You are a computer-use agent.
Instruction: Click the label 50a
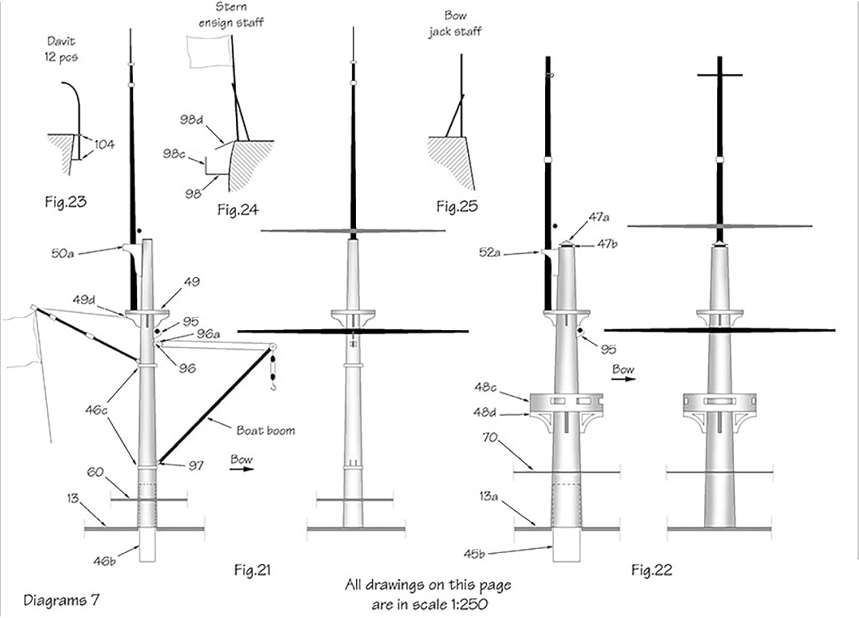point(62,253)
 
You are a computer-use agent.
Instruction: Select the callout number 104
point(104,144)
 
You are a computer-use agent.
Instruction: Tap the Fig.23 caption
point(65,202)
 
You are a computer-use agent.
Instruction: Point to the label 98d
point(191,120)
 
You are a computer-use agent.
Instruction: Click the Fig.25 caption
point(456,206)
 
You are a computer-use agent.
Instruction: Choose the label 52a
point(490,252)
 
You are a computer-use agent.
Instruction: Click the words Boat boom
point(266,430)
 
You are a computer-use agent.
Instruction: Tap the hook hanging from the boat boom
point(274,386)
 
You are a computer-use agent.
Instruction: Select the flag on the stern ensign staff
point(207,51)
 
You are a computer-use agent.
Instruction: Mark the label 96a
point(208,333)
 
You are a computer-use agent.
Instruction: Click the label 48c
point(485,387)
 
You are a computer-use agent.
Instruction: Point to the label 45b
point(474,554)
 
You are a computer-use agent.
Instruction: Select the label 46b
point(104,561)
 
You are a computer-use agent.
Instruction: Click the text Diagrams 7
point(61,600)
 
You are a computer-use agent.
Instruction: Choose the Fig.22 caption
point(651,569)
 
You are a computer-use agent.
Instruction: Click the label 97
point(196,465)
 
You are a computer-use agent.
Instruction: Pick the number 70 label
point(490,437)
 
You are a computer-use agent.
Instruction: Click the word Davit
point(61,41)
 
